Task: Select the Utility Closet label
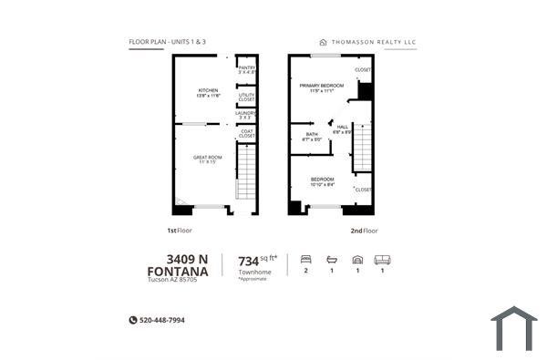[x=246, y=96]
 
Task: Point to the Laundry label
[x=246, y=115]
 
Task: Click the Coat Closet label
[x=246, y=133]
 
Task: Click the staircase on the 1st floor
[x=246, y=173]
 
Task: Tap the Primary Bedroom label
[x=321, y=87]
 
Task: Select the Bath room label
[x=312, y=137]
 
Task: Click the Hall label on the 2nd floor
[x=343, y=129]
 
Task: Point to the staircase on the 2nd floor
[x=362, y=148]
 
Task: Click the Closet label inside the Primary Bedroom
[x=363, y=69]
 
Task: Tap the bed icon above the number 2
[x=305, y=259]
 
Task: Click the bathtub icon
[x=332, y=259]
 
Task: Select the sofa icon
[x=382, y=259]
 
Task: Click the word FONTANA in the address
[x=178, y=271]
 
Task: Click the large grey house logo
[x=513, y=328]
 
